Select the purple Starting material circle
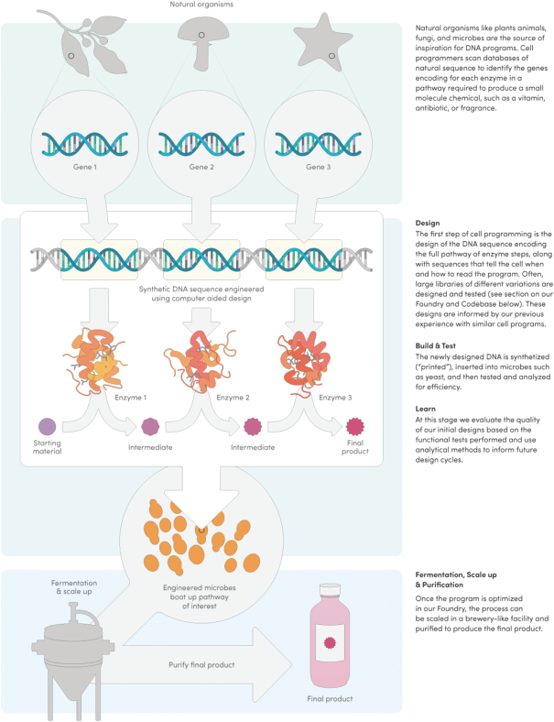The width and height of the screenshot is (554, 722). (x=47, y=425)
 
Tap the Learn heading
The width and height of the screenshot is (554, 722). (x=426, y=409)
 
